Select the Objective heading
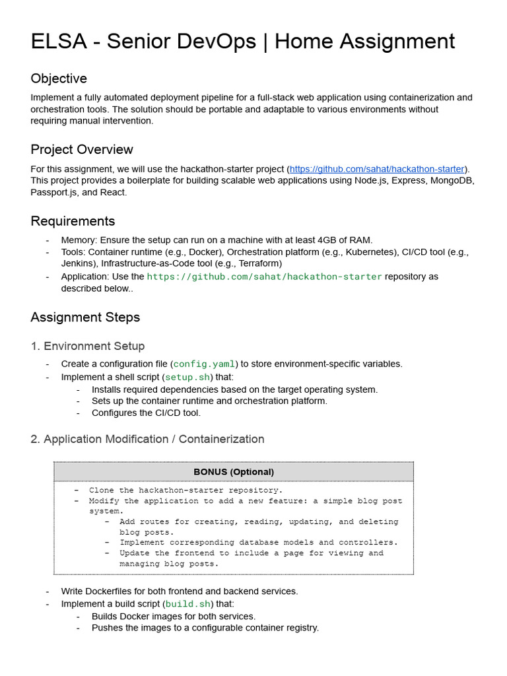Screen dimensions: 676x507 [59, 79]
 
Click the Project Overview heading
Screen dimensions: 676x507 [82, 149]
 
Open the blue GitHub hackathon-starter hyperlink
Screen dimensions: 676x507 [377, 169]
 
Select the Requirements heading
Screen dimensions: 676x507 [73, 221]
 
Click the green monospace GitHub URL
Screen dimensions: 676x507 [264, 277]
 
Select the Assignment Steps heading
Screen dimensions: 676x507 [85, 318]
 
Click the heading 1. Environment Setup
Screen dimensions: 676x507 [87, 346]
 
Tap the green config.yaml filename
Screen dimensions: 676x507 [204, 364]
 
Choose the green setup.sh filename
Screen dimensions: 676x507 [187, 377]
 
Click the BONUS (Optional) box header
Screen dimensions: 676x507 [234, 471]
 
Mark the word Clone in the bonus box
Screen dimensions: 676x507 [102, 490]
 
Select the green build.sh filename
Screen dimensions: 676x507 [188, 604]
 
